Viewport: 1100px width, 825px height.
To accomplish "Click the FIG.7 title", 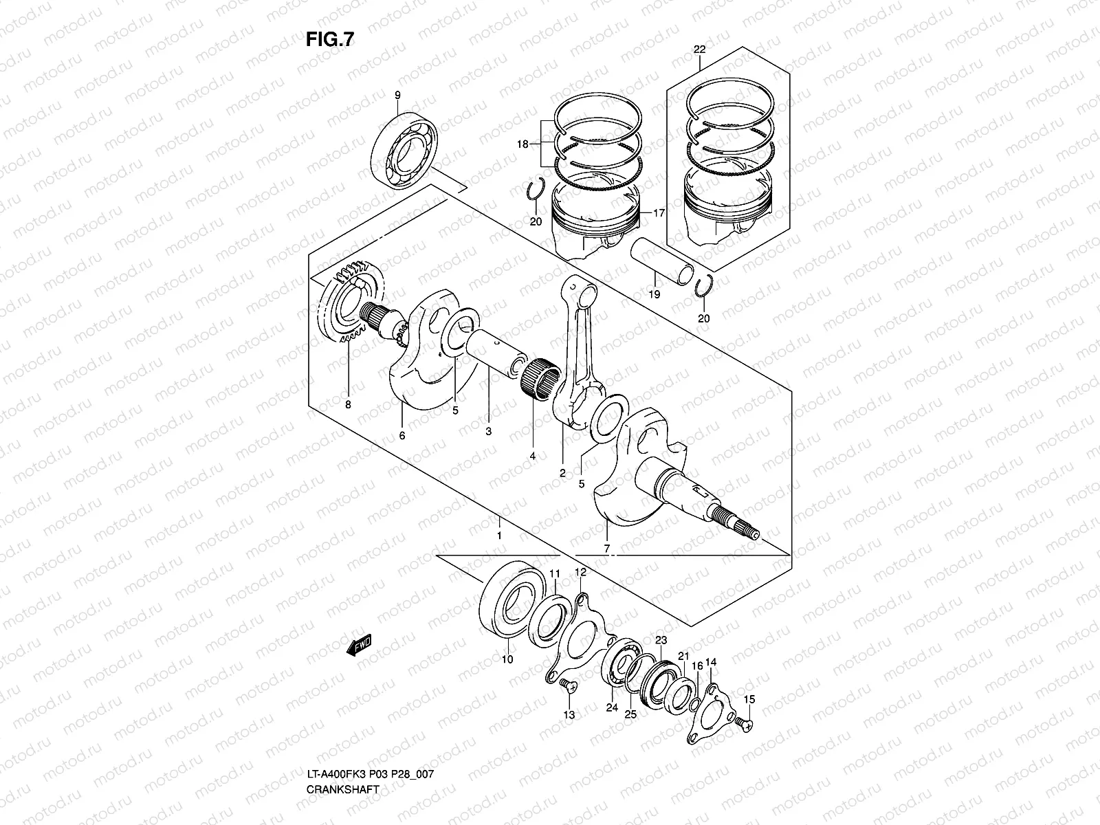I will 330,40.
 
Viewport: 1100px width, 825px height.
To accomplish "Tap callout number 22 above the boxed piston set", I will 699,50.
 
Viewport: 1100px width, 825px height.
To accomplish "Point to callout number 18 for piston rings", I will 523,144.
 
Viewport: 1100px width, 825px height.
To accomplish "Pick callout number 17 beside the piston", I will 659,214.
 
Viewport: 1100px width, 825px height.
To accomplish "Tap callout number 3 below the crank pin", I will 488,432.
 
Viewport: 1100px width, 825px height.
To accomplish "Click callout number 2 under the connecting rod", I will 562,474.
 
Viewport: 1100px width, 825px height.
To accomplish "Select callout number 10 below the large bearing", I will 507,660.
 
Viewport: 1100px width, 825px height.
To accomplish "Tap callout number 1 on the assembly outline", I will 500,536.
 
